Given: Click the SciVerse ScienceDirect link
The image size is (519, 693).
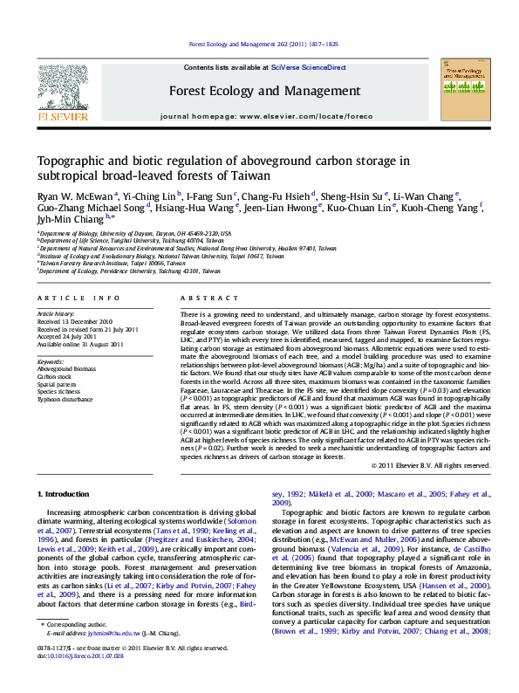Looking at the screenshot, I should [308, 67].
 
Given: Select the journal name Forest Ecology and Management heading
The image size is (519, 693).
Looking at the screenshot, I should [263, 91].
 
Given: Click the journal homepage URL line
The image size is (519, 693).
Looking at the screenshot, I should [263, 114].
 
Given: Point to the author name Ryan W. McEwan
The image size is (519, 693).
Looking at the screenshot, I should [63, 196].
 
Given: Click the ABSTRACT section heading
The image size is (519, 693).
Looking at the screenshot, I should [201, 298].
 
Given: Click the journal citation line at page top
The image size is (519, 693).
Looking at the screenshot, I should [263, 44].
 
